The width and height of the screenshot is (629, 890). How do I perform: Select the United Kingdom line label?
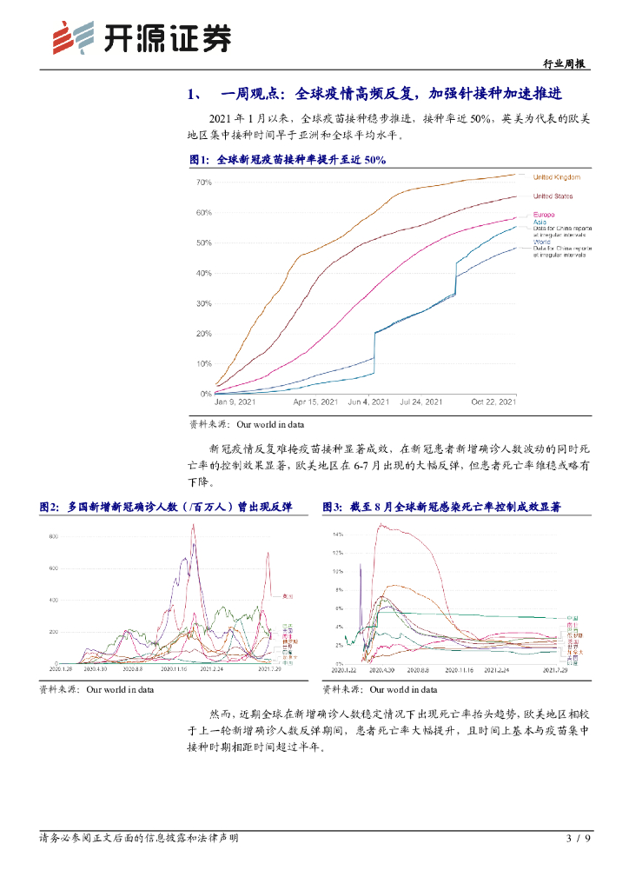tap(556, 176)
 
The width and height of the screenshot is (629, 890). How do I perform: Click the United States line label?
tap(553, 196)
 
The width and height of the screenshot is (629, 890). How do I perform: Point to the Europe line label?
tap(545, 215)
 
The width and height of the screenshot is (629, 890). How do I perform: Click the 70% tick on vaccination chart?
tap(204, 183)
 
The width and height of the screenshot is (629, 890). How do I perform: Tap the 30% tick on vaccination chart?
tap(204, 303)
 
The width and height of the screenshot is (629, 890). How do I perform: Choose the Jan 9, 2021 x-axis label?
tap(235, 402)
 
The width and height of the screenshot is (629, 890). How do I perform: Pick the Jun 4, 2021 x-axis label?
tap(368, 402)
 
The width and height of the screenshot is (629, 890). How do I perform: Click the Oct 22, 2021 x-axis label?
tap(493, 402)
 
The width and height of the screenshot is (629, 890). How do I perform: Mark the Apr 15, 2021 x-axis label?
tap(315, 402)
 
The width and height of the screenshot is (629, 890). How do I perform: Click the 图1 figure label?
tap(199, 160)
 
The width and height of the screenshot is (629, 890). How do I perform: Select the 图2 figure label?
tap(49, 508)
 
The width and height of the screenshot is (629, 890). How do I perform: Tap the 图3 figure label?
tap(332, 508)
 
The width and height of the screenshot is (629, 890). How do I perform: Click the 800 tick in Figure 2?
tap(53, 537)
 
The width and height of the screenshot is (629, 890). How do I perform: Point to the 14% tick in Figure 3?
tap(338, 534)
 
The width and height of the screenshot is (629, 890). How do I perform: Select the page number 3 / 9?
tap(578, 839)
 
